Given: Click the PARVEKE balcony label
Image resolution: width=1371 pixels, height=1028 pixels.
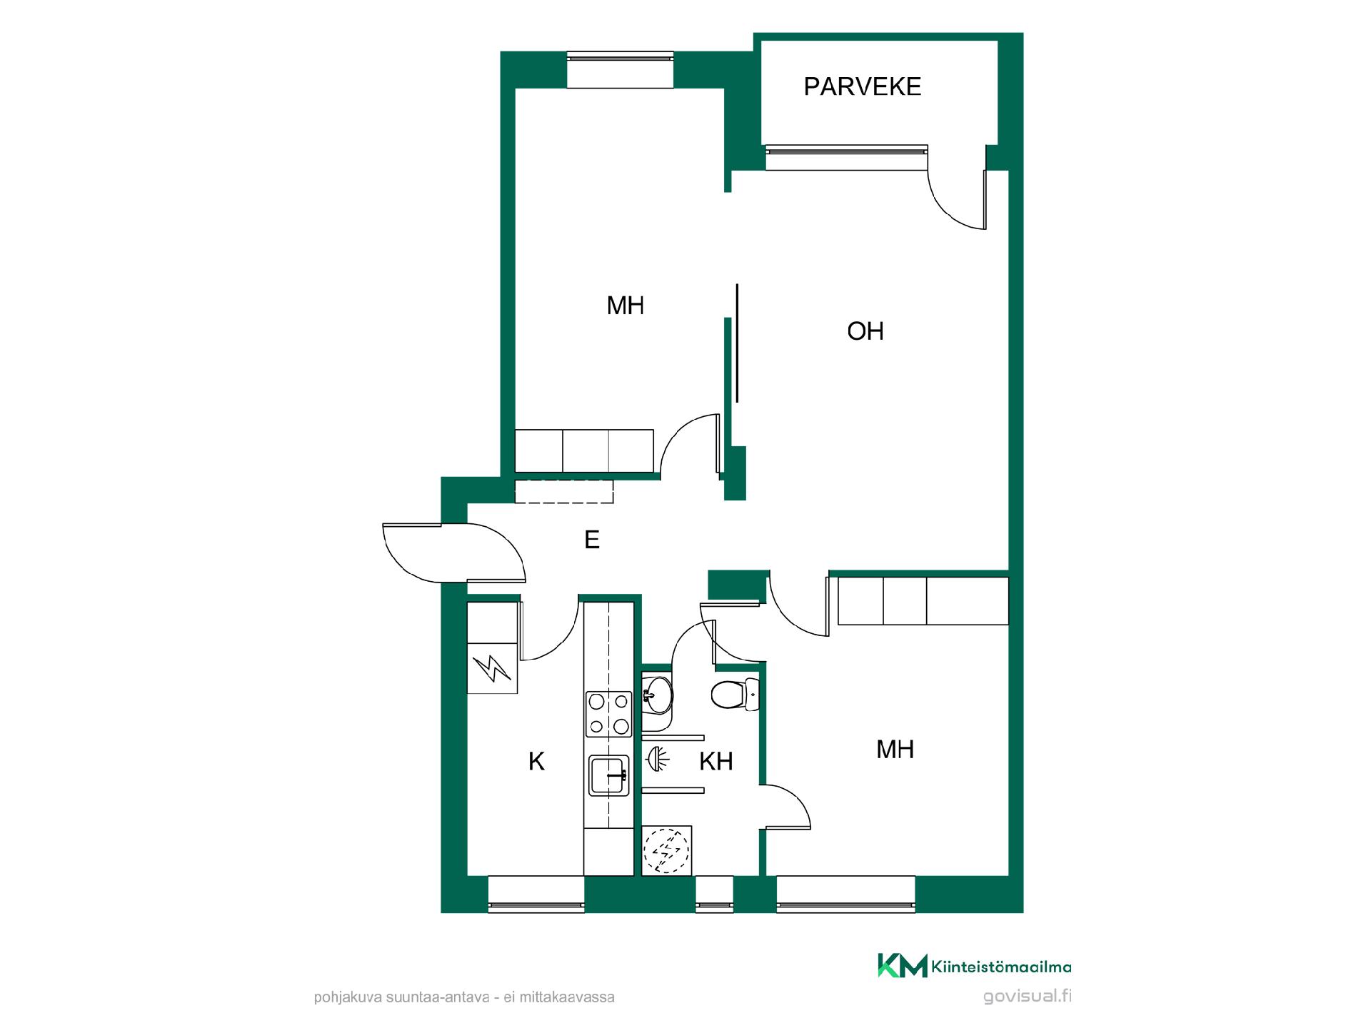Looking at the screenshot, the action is (x=862, y=86).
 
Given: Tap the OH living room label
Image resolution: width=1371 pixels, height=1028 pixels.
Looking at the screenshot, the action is (x=865, y=331).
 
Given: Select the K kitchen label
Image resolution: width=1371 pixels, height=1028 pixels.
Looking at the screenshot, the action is (x=536, y=762).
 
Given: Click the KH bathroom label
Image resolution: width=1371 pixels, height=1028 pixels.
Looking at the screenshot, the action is (x=716, y=762).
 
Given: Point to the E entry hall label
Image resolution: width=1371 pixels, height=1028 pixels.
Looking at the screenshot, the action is (x=592, y=540).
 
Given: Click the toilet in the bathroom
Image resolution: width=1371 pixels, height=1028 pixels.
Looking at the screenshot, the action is (x=735, y=694).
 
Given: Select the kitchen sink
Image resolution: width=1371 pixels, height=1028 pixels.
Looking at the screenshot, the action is (x=609, y=775).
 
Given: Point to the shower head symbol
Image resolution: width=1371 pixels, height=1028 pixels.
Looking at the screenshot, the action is (x=659, y=760).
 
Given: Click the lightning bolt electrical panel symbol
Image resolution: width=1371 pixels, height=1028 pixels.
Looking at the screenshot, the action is (x=492, y=668).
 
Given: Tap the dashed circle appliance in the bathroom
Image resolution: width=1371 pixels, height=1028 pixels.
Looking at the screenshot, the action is (x=667, y=850).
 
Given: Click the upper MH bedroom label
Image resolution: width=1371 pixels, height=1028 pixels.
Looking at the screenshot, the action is (x=626, y=306).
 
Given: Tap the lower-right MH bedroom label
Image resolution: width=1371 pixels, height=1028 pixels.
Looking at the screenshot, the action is (x=895, y=750).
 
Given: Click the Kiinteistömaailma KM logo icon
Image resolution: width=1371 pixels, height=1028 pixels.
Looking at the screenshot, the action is (x=902, y=965).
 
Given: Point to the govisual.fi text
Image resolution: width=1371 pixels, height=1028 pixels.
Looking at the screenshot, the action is (x=1027, y=997).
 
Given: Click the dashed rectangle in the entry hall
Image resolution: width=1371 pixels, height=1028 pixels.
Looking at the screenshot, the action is (x=564, y=491).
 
